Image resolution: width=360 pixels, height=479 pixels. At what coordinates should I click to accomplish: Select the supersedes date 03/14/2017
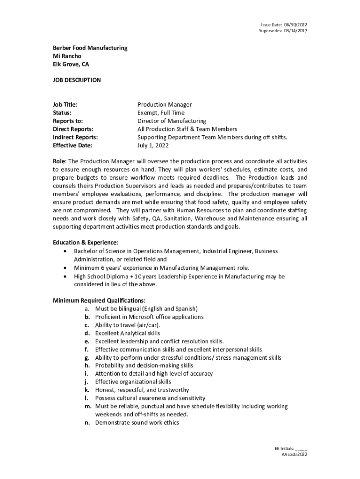[x=295, y=31]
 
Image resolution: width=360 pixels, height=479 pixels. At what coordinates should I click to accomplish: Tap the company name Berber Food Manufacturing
[x=90, y=48]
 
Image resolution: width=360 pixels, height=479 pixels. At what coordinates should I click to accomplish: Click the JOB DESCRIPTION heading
[x=77, y=80]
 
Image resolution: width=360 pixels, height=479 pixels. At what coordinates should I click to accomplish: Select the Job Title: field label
[x=65, y=105]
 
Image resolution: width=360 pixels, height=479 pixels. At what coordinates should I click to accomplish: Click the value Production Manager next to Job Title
[x=165, y=105]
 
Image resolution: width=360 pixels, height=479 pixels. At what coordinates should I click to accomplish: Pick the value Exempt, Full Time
[x=161, y=113]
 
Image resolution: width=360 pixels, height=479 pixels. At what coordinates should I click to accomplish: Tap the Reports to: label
[x=68, y=121]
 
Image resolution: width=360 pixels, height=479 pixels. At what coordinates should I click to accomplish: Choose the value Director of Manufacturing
[x=172, y=121]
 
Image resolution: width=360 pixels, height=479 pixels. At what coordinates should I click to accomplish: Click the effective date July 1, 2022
[x=153, y=145]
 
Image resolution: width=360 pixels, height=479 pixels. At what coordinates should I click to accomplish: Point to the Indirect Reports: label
[x=75, y=138]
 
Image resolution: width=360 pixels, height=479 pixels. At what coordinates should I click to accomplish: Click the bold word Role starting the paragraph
[x=59, y=161]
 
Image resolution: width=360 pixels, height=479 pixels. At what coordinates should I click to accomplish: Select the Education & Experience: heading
[x=86, y=242]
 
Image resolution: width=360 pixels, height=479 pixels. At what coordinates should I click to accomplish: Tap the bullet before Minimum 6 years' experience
[x=65, y=268]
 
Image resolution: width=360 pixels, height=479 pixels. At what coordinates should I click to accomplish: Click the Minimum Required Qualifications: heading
[x=99, y=300]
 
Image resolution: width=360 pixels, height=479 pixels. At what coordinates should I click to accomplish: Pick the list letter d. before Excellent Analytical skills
[x=87, y=334]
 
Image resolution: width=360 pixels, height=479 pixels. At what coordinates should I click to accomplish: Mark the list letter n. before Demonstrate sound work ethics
[x=87, y=423]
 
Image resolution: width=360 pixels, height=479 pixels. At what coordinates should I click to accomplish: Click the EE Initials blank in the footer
[x=301, y=448]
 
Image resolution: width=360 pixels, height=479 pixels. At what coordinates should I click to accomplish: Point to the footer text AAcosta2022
[x=294, y=454]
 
